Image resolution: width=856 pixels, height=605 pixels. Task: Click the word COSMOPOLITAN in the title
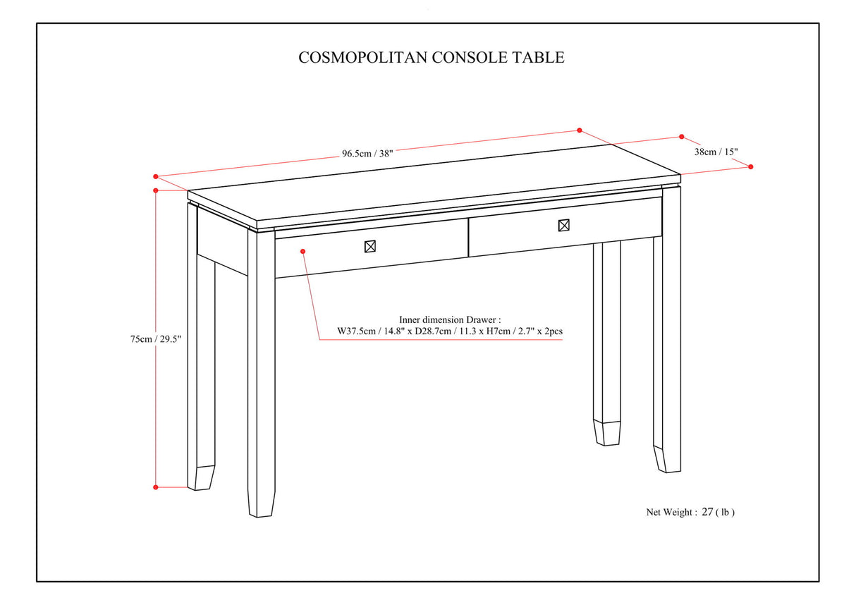click(362, 58)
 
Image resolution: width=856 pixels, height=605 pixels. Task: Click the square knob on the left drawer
click(370, 246)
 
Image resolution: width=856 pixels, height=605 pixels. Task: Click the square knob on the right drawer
click(563, 226)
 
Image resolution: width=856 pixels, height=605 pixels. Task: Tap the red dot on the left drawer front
click(302, 250)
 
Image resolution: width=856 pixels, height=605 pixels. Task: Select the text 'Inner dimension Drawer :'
click(449, 319)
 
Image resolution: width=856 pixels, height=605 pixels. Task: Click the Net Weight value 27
click(707, 513)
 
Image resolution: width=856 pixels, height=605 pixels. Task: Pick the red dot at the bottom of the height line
click(156, 487)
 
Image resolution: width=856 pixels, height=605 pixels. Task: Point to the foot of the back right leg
click(607, 433)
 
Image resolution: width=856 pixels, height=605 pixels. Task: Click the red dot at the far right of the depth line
click(751, 167)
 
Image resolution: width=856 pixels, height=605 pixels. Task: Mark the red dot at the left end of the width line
click(156, 176)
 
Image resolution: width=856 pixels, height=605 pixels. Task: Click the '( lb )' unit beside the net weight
click(726, 513)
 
